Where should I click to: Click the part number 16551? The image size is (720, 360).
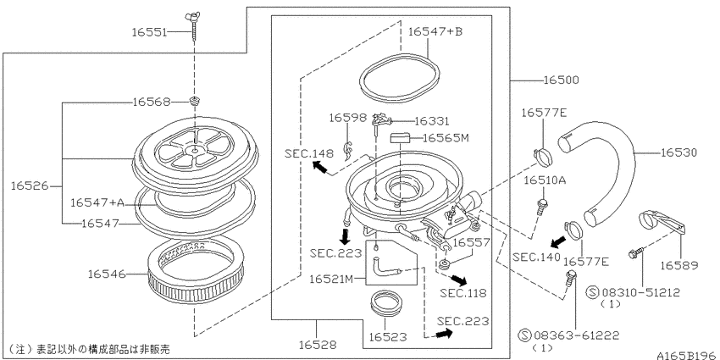[x=153, y=31]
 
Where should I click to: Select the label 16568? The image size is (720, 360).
[x=152, y=102]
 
